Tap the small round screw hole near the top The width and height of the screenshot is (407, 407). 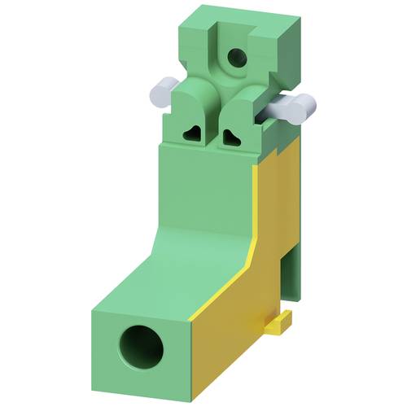pyautogui.click(x=237, y=57)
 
